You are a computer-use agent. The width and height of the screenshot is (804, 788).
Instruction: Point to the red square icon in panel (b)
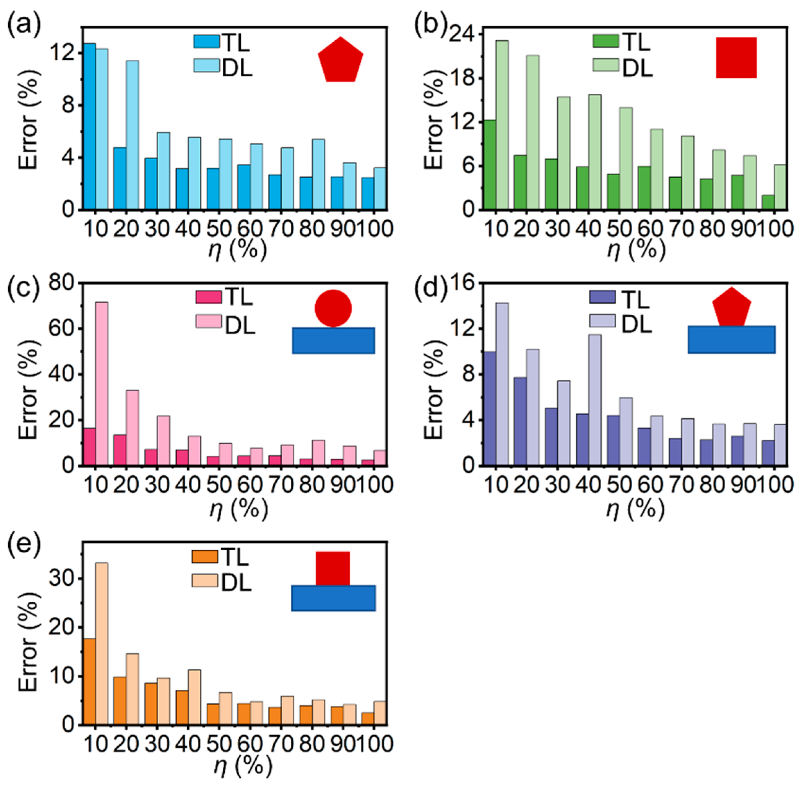[736, 58]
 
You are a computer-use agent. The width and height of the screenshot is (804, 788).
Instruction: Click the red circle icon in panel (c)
[333, 308]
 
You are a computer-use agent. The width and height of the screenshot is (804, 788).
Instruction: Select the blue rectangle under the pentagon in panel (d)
[731, 339]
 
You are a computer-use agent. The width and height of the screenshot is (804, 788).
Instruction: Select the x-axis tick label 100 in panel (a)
[375, 228]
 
